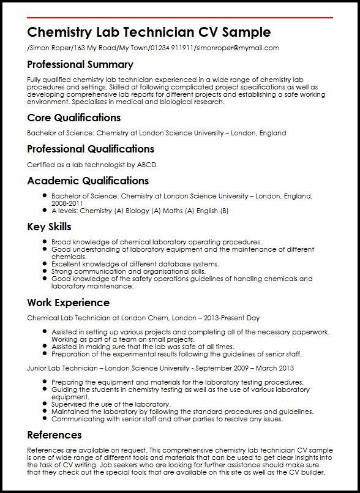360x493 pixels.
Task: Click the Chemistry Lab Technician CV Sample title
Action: tap(149, 32)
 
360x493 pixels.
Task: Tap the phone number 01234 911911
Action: tap(170, 48)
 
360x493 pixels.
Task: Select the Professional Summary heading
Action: tap(80, 64)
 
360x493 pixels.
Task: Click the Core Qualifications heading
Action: tap(73, 118)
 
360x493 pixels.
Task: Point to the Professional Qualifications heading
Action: tap(90, 149)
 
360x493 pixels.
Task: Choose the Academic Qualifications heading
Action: tap(88, 181)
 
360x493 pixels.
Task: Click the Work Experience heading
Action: tap(68, 303)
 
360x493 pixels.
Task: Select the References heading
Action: tap(54, 435)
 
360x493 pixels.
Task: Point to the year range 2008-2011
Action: tap(67, 203)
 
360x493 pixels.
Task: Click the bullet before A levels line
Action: tap(45, 211)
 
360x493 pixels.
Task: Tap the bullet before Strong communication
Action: tap(45, 271)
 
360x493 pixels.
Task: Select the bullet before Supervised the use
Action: tap(45, 405)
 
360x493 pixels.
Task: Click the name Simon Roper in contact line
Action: tap(45, 48)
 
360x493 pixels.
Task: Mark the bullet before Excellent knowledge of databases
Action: tap(45, 264)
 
